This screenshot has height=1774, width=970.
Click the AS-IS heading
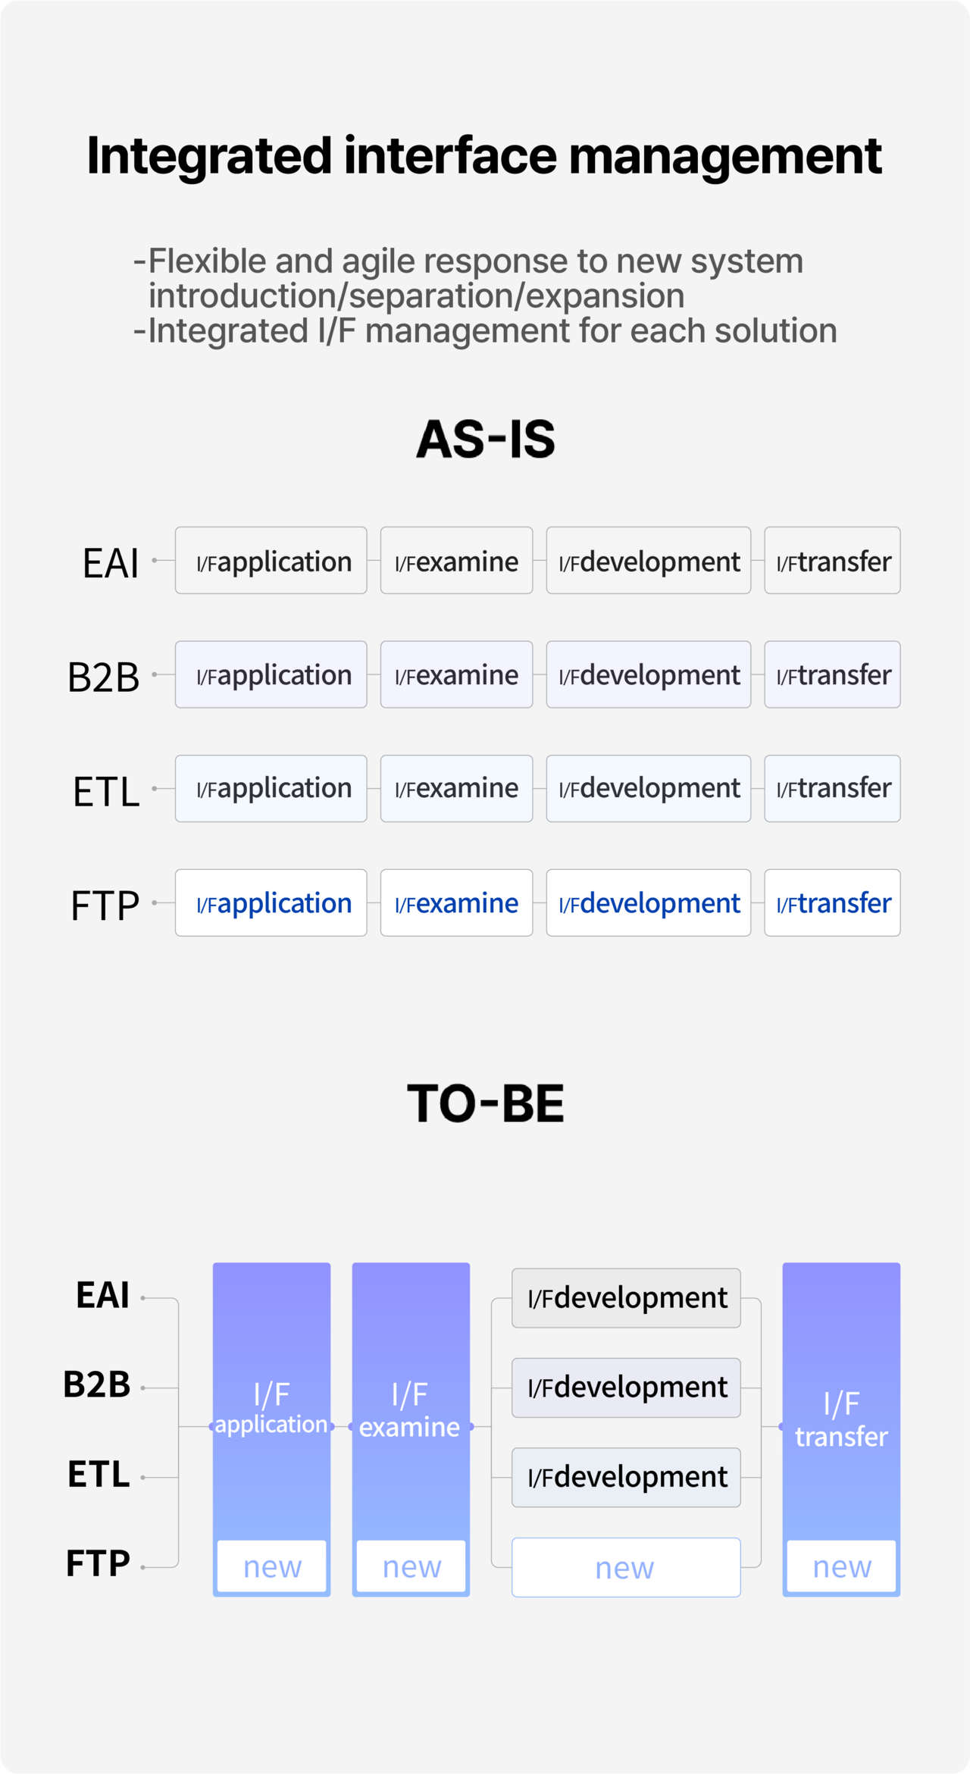pos(486,439)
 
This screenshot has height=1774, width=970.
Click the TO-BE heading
pos(486,1103)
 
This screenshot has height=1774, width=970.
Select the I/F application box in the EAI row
pos(271,560)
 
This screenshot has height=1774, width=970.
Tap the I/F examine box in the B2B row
pos(456,674)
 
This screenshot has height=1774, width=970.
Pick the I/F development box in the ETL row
pos(649,788)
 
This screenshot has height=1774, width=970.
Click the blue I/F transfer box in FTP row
pos(832,903)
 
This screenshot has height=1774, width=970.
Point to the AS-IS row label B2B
pos(104,677)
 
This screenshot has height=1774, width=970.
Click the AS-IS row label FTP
pos(105,905)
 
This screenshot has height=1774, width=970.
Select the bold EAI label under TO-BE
pos(103,1295)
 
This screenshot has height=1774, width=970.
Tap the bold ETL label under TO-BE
pos(99,1475)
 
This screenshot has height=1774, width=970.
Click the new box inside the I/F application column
pos(272,1566)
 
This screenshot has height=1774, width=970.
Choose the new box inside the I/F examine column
pos(411,1566)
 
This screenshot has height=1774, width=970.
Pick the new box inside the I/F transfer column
pos(842,1566)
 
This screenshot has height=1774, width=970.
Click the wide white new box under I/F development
pos(626,1567)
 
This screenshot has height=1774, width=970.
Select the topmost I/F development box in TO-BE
pos(626,1298)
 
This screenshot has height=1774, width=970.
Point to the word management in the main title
pos(725,156)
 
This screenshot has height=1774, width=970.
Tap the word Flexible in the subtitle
pos(208,261)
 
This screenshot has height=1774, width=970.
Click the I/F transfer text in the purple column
pos(841,1420)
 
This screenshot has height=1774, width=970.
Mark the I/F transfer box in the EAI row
pos(832,560)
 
